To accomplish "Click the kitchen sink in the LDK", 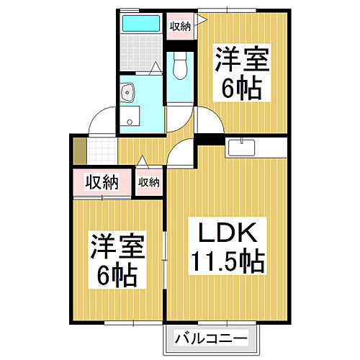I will (240, 147).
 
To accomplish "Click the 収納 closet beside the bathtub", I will (179, 27).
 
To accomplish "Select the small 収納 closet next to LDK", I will (148, 183).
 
